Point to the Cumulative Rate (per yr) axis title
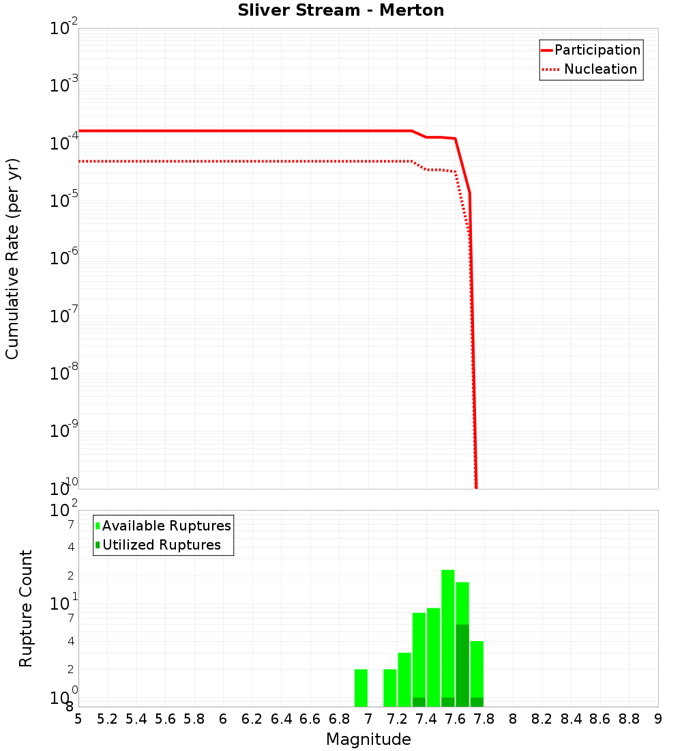pyautogui.click(x=12, y=258)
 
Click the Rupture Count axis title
pyautogui.click(x=26, y=608)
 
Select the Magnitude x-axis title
pyautogui.click(x=368, y=739)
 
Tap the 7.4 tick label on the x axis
pyautogui.click(x=426, y=719)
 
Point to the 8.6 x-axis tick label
pyautogui.click(x=600, y=719)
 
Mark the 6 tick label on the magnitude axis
pyautogui.click(x=223, y=719)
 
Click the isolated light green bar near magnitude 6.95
pyautogui.click(x=361, y=688)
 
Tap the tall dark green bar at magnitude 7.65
pyautogui.click(x=462, y=666)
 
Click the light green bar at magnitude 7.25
pyautogui.click(x=404, y=679)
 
